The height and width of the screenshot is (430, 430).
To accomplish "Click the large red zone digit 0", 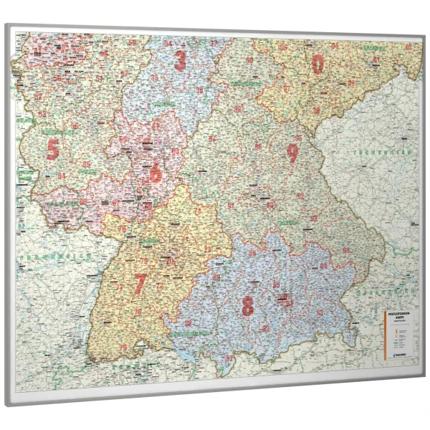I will [x=317, y=65].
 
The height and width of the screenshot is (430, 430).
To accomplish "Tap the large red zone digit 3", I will [x=180, y=60].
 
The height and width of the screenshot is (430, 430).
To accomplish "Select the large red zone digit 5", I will [x=52, y=148].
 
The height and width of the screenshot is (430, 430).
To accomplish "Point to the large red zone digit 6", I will [x=156, y=172].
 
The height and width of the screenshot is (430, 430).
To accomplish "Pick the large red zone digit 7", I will [x=140, y=283].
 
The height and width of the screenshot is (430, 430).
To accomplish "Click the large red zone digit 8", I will [x=247, y=306].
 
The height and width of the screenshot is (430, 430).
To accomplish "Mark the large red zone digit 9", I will [x=292, y=152].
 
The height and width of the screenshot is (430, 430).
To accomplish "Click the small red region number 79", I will [x=123, y=348].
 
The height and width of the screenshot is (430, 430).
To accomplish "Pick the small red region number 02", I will [x=408, y=47].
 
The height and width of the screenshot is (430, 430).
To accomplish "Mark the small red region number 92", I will [x=313, y=218].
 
